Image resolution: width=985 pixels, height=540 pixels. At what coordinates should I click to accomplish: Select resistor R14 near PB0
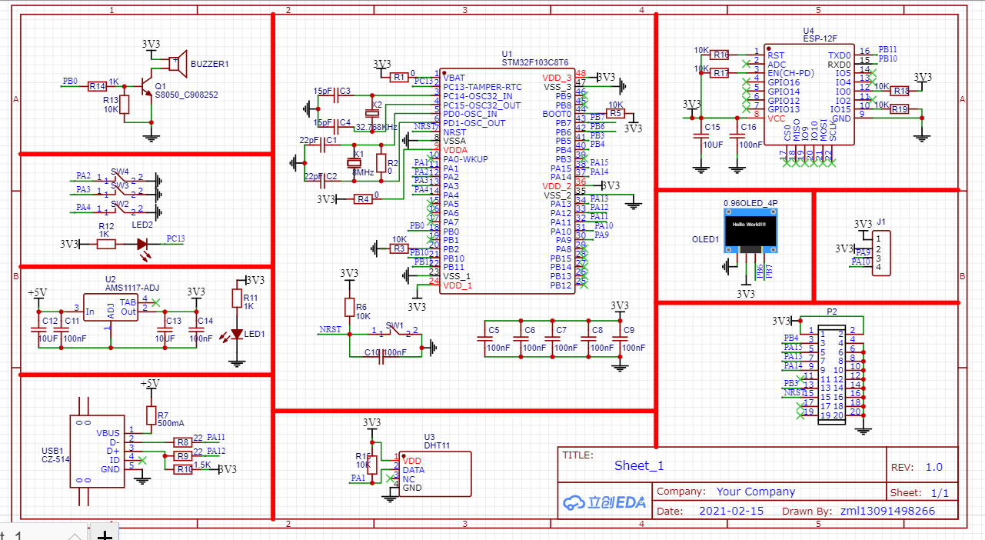tap(98, 87)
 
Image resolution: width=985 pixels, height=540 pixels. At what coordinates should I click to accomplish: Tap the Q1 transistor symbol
tap(145, 87)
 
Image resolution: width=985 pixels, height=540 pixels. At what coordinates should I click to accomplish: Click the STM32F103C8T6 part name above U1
tap(534, 62)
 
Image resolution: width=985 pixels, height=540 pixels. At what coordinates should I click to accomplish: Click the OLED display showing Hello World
tap(750, 228)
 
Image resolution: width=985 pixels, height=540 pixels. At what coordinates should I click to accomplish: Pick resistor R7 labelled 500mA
tap(151, 415)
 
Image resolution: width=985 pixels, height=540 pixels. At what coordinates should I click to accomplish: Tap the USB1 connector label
tap(52, 451)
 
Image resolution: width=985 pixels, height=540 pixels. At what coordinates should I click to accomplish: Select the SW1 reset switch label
tap(394, 325)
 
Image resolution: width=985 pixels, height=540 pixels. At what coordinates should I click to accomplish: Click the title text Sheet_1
tap(638, 465)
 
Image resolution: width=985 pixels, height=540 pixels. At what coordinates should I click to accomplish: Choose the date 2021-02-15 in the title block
tap(731, 511)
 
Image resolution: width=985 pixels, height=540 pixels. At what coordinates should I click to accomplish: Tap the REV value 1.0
tap(933, 467)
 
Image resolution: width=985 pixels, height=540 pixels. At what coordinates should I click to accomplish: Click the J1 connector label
tap(881, 222)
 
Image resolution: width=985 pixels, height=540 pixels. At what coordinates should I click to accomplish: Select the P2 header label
tap(831, 312)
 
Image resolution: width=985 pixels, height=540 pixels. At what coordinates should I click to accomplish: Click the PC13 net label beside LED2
tap(175, 239)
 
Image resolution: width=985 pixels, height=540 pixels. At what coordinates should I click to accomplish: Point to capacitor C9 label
tap(629, 331)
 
